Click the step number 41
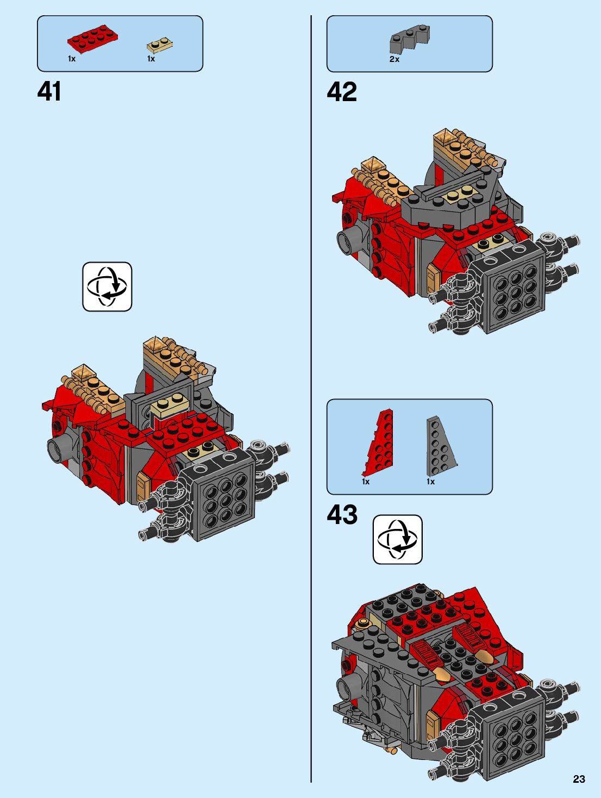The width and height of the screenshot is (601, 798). point(49,91)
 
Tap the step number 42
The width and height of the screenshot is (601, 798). point(342,92)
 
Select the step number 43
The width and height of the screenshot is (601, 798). point(342,514)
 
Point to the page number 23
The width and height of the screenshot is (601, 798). point(579,779)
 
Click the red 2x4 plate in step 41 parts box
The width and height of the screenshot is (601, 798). point(93,39)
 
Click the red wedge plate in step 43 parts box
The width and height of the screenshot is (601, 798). point(381,443)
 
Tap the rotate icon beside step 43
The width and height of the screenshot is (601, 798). point(397,539)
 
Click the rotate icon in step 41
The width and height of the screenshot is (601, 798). point(107,286)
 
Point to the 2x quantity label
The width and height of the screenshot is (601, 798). point(395,59)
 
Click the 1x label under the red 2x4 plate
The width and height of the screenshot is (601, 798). point(72,59)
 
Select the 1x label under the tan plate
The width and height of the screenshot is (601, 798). point(151,59)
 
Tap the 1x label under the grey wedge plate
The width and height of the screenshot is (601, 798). point(430,482)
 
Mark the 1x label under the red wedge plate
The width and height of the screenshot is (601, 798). point(366,482)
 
